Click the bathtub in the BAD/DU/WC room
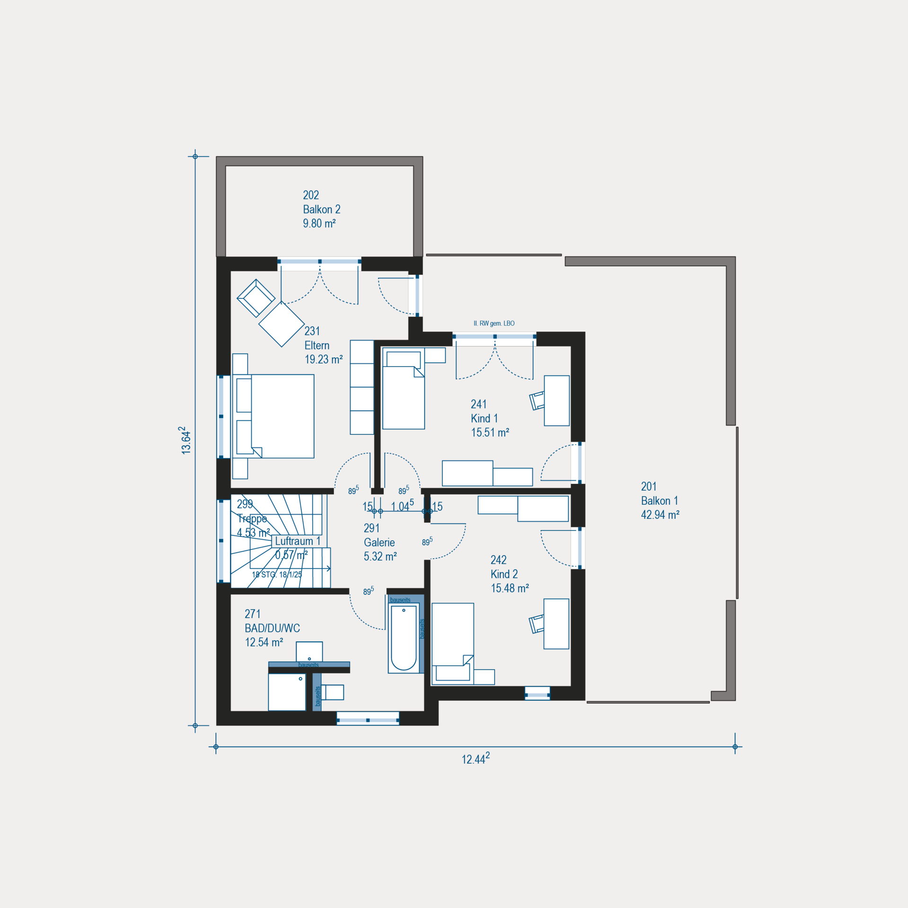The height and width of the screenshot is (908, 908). pyautogui.click(x=404, y=637)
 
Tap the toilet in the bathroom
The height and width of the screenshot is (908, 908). pyautogui.click(x=332, y=692)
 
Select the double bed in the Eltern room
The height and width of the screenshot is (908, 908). pyautogui.click(x=273, y=416)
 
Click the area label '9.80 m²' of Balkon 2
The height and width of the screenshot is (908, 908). pyautogui.click(x=319, y=223)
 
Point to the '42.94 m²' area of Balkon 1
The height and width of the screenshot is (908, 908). pyautogui.click(x=660, y=515)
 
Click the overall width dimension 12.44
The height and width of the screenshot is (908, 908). pyautogui.click(x=476, y=758)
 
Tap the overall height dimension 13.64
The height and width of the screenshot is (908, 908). pyautogui.click(x=185, y=440)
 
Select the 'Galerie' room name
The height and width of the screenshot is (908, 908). pyautogui.click(x=379, y=542)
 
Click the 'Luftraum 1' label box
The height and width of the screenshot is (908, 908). pyautogui.click(x=298, y=541)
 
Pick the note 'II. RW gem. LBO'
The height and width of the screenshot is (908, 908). pyautogui.click(x=494, y=323)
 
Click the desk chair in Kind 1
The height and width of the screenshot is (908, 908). pyautogui.click(x=537, y=401)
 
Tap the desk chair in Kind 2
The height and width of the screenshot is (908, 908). pyautogui.click(x=537, y=624)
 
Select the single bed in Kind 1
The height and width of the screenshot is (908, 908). pyautogui.click(x=403, y=389)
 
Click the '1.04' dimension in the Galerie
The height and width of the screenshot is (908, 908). pyautogui.click(x=402, y=506)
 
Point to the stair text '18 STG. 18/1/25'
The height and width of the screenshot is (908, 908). pyautogui.click(x=276, y=575)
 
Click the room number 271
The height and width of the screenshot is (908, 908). pyautogui.click(x=252, y=614)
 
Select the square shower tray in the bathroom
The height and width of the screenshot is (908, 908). pyautogui.click(x=287, y=692)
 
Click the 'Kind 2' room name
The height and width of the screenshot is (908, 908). pyautogui.click(x=504, y=574)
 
